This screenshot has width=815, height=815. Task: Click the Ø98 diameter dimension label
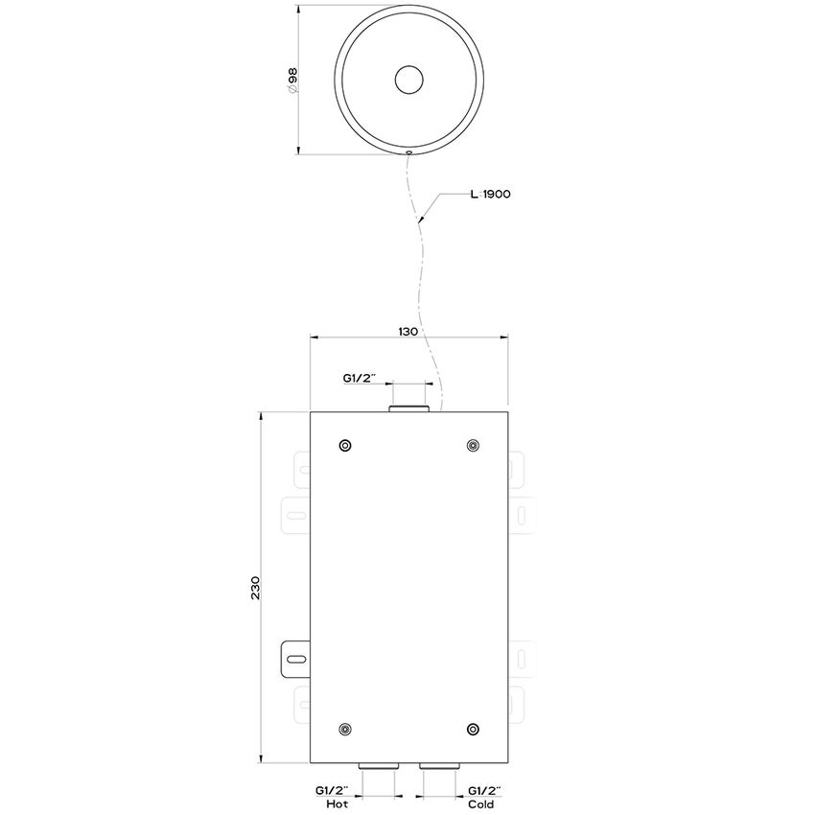[291, 81]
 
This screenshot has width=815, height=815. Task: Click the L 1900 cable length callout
[489, 194]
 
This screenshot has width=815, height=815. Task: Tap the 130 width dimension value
[407, 331]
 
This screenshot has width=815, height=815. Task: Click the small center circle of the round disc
[409, 81]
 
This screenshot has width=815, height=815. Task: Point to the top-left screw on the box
[345, 445]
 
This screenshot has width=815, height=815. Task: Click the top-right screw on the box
[472, 445]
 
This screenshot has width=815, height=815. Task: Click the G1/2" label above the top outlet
[361, 380]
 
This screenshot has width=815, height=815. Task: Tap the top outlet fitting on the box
[409, 409]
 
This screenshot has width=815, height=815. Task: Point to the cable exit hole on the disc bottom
[408, 151]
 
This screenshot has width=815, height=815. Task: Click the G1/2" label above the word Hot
[333, 790]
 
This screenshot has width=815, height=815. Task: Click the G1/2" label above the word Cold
[485, 790]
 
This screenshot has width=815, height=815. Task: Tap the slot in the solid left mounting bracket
[296, 658]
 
